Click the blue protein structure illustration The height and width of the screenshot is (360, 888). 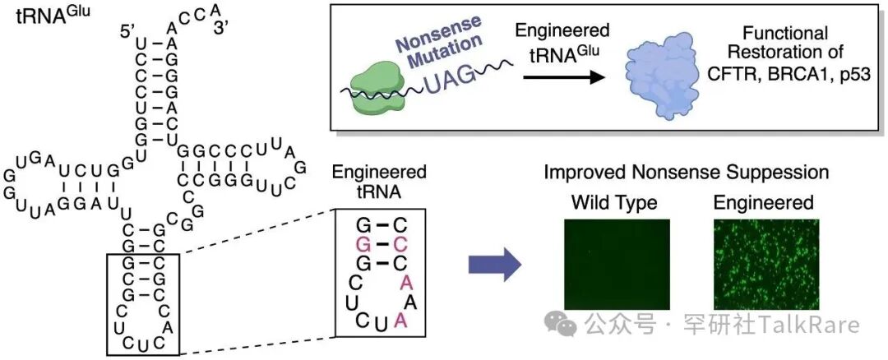tap(669, 76)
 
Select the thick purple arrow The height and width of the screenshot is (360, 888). tap(496, 265)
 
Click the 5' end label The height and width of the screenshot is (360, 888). tap(128, 33)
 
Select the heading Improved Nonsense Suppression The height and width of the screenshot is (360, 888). tap(686, 173)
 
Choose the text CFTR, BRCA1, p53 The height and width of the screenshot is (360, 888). tap(787, 76)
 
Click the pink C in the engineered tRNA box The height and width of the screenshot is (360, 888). tap(400, 244)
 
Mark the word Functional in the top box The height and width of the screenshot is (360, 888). tap(785, 34)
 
